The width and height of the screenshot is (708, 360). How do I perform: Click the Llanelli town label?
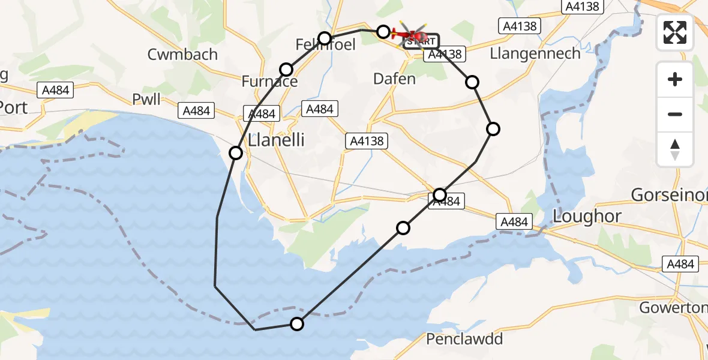tap(277, 140)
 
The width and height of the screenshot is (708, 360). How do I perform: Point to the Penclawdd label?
tap(464, 340)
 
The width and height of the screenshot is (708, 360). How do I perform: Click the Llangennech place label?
tap(535, 53)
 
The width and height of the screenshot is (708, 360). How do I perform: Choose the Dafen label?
tap(394, 79)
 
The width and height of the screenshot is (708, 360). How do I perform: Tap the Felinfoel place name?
tap(326, 45)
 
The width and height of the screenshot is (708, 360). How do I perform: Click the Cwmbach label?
tap(183, 55)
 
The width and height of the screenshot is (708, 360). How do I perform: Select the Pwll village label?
tap(146, 99)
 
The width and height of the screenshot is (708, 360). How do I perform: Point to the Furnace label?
tap(269, 81)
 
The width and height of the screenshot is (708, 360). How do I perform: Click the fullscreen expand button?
tap(675, 32)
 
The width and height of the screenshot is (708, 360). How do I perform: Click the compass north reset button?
tap(675, 150)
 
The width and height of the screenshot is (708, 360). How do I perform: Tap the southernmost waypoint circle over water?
tap(297, 324)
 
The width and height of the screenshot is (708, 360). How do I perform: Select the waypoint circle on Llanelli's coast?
tap(236, 153)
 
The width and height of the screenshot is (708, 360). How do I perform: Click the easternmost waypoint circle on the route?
tap(493, 128)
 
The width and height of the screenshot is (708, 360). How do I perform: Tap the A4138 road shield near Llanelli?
tap(366, 141)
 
